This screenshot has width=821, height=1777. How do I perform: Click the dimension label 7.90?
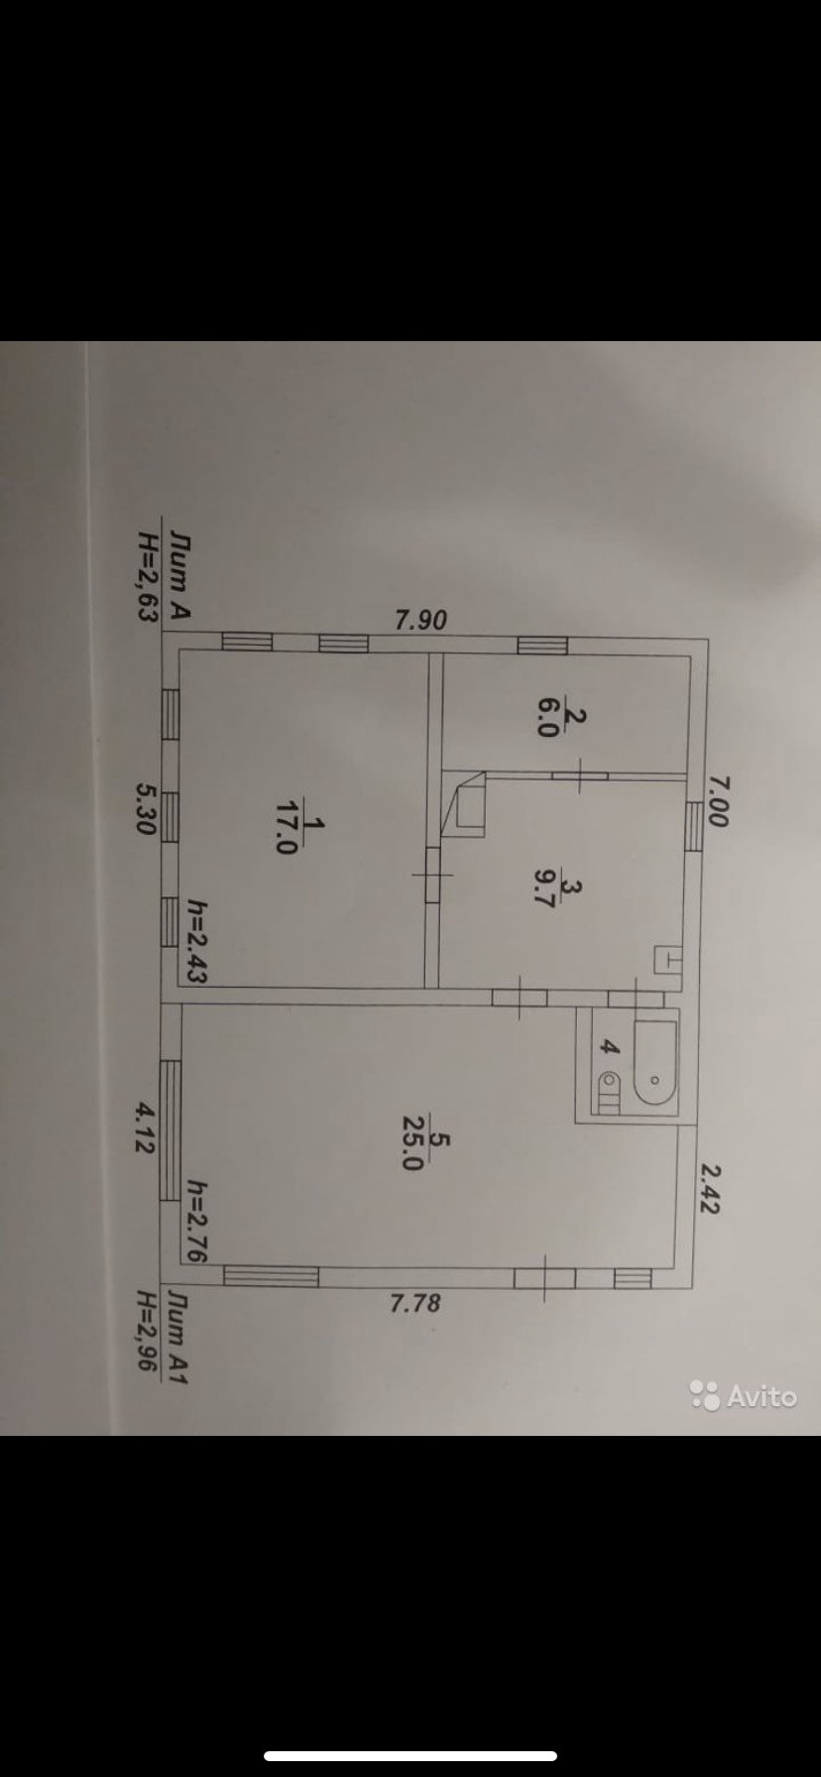(x=421, y=621)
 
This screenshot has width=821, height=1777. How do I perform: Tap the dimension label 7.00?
(x=718, y=800)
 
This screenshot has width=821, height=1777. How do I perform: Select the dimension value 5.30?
(x=147, y=808)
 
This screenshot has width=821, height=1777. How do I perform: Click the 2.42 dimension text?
(x=710, y=1187)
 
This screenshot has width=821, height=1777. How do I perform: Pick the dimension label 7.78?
(x=415, y=1302)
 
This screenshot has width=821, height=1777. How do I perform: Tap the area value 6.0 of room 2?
(x=547, y=714)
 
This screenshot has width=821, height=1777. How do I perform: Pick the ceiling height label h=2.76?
(x=196, y=1221)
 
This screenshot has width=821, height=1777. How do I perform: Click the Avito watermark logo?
(x=744, y=1395)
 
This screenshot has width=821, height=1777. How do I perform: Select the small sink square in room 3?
(x=668, y=961)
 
